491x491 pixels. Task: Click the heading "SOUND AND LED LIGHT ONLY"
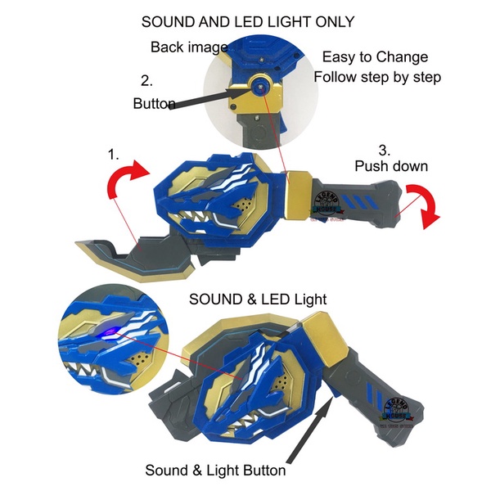[247, 21]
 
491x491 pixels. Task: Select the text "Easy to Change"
[375, 57]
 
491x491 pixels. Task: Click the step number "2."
[147, 81]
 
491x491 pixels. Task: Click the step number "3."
[385, 150]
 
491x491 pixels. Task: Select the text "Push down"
[391, 166]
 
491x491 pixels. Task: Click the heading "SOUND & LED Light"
[258, 300]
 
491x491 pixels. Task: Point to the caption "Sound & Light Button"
[215, 471]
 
